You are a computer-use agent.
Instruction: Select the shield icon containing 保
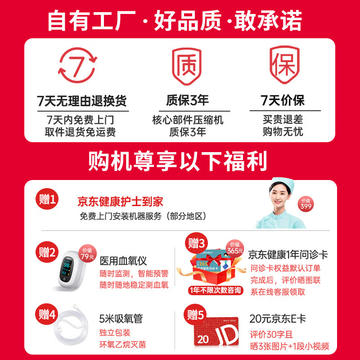284,65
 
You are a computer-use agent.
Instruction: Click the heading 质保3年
187,99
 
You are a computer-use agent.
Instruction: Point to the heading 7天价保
283,99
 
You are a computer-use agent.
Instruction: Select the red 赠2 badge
47,252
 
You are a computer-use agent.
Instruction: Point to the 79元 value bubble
87,255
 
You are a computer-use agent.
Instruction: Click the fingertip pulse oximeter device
72,273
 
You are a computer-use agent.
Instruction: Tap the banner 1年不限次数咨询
216,290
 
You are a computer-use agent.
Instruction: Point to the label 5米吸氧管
121,319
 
